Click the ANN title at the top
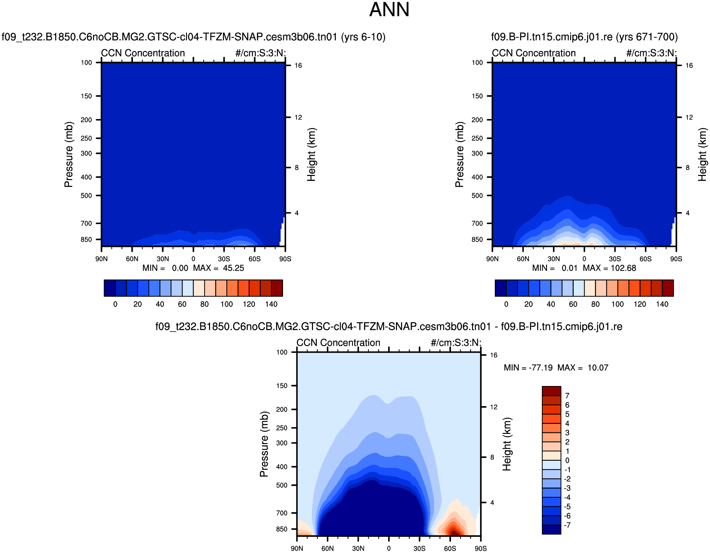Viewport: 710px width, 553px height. tap(389, 10)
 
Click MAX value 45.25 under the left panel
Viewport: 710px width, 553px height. tap(233, 268)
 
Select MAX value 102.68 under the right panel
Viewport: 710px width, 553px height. tap(623, 268)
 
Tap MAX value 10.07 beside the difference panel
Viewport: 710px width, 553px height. tap(598, 368)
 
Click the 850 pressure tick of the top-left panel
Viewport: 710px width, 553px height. tap(86, 240)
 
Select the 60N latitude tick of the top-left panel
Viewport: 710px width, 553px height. tap(132, 259)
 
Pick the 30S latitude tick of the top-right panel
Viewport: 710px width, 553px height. tap(615, 259)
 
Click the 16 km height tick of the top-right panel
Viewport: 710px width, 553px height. tap(689, 66)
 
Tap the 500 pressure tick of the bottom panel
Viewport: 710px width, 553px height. tap(282, 486)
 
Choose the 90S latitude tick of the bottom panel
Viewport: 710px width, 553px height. tap(481, 549)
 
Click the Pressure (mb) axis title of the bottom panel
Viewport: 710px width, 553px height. tap(264, 444)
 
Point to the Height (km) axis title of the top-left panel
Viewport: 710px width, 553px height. tap(311, 155)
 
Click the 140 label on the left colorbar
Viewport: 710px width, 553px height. tap(271, 304)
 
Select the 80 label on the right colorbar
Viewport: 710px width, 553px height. tap(595, 304)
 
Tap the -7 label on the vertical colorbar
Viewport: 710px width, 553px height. tap(567, 525)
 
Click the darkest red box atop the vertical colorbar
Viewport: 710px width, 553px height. tap(552, 391)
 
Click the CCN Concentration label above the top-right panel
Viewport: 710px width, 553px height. tap(534, 53)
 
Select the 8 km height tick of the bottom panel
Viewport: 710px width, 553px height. tap(492, 458)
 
